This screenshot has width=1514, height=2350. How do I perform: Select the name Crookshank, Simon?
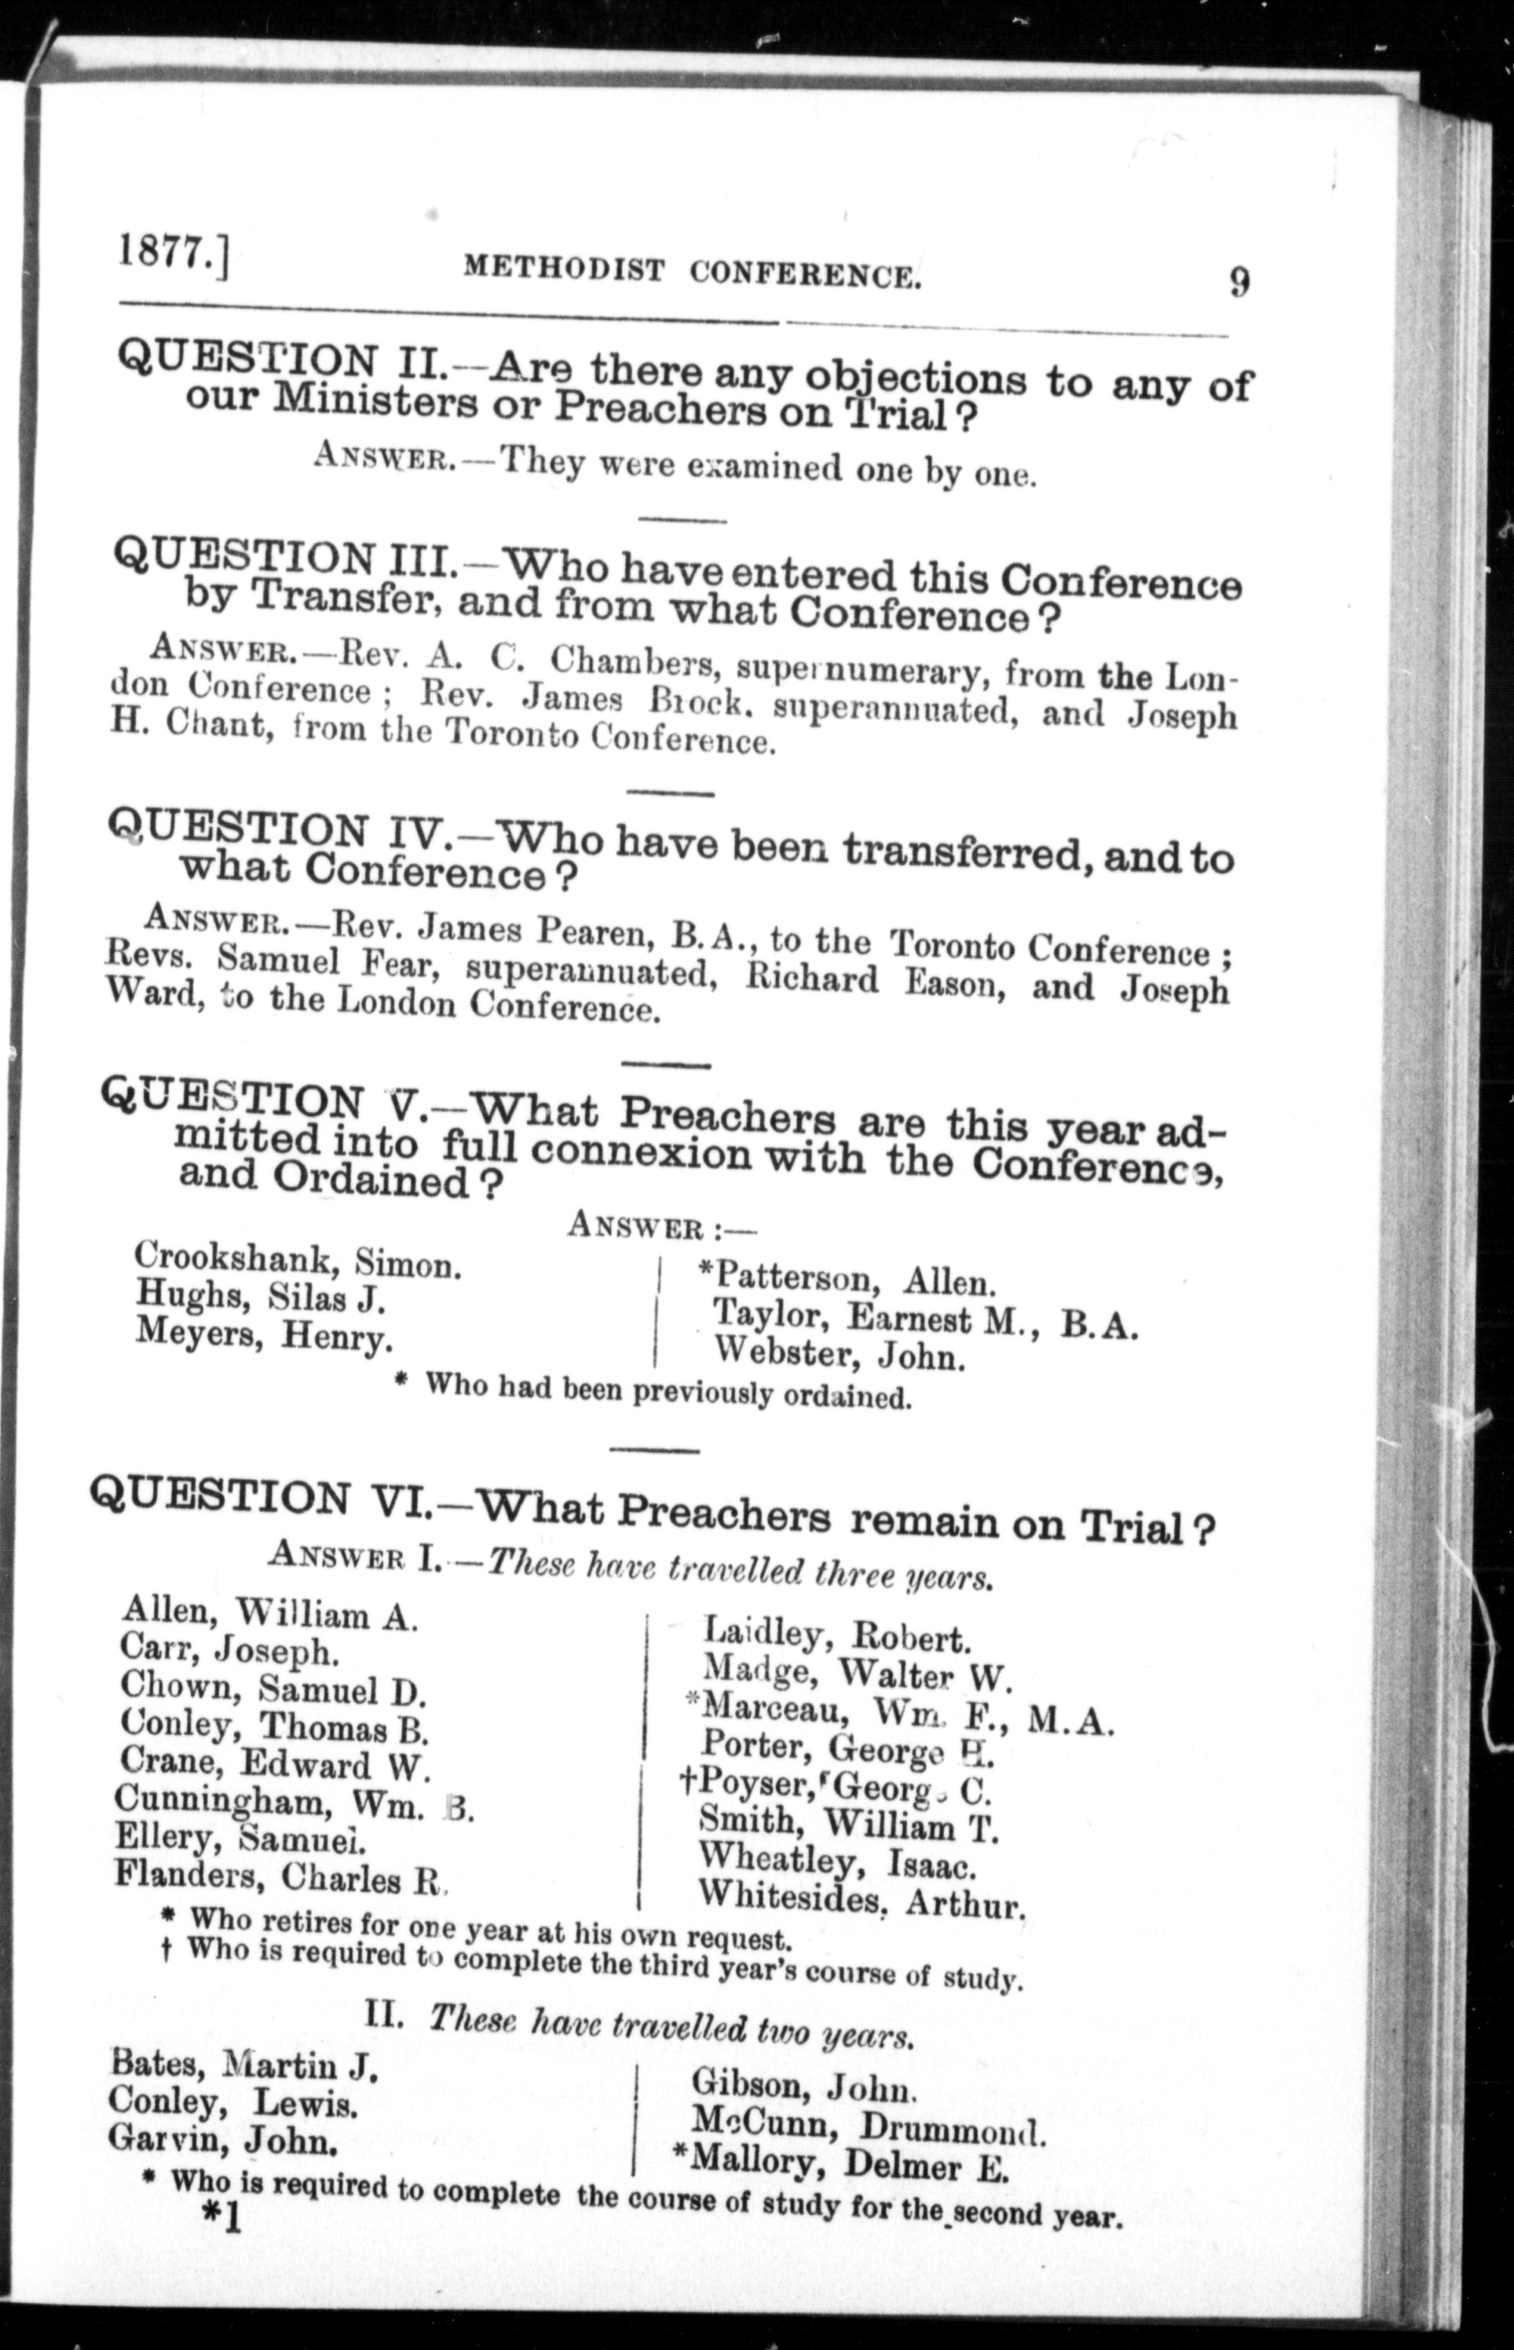(298, 1260)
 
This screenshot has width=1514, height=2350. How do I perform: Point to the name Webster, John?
(839, 1354)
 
